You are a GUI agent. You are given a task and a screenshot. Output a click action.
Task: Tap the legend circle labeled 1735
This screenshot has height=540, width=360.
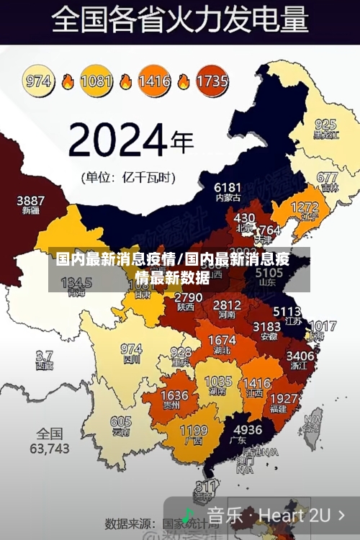click(x=212, y=81)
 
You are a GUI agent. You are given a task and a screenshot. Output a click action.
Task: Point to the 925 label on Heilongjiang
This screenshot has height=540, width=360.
click(x=325, y=124)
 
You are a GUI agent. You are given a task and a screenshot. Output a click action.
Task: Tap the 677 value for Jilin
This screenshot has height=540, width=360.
click(x=327, y=177)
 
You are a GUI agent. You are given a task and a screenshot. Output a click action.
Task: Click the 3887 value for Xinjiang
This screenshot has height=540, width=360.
click(x=30, y=200)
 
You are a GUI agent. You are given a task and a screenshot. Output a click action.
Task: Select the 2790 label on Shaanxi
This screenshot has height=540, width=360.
click(x=189, y=297)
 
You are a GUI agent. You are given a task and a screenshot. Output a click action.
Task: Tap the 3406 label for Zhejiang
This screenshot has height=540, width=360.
click(x=300, y=355)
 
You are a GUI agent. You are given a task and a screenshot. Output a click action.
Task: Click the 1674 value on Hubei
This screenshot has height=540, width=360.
click(x=222, y=340)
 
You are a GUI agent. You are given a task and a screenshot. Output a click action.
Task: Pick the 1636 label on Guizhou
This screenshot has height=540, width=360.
click(x=174, y=395)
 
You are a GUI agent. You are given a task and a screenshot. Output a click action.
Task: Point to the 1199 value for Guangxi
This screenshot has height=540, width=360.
click(x=194, y=431)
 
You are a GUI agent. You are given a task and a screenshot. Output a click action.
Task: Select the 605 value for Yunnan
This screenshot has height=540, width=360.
click(x=121, y=422)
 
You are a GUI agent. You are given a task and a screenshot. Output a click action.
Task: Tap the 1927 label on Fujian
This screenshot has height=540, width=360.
click(x=283, y=398)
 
